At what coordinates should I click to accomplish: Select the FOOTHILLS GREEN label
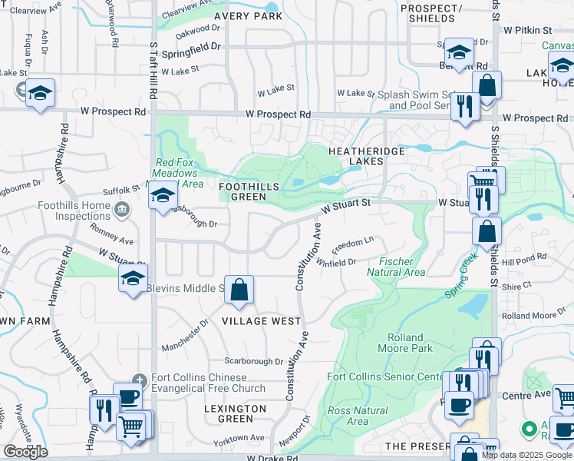click(243, 191)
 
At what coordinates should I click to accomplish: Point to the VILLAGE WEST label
click(261, 320)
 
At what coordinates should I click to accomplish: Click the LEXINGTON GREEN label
click(236, 413)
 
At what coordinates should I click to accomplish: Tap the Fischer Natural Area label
click(395, 267)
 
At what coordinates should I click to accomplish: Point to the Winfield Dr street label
click(337, 262)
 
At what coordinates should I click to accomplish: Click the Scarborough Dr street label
click(254, 361)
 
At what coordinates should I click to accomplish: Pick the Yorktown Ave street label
click(239, 438)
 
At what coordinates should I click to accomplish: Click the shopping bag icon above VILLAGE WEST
click(239, 290)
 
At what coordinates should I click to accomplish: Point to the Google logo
click(25, 452)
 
